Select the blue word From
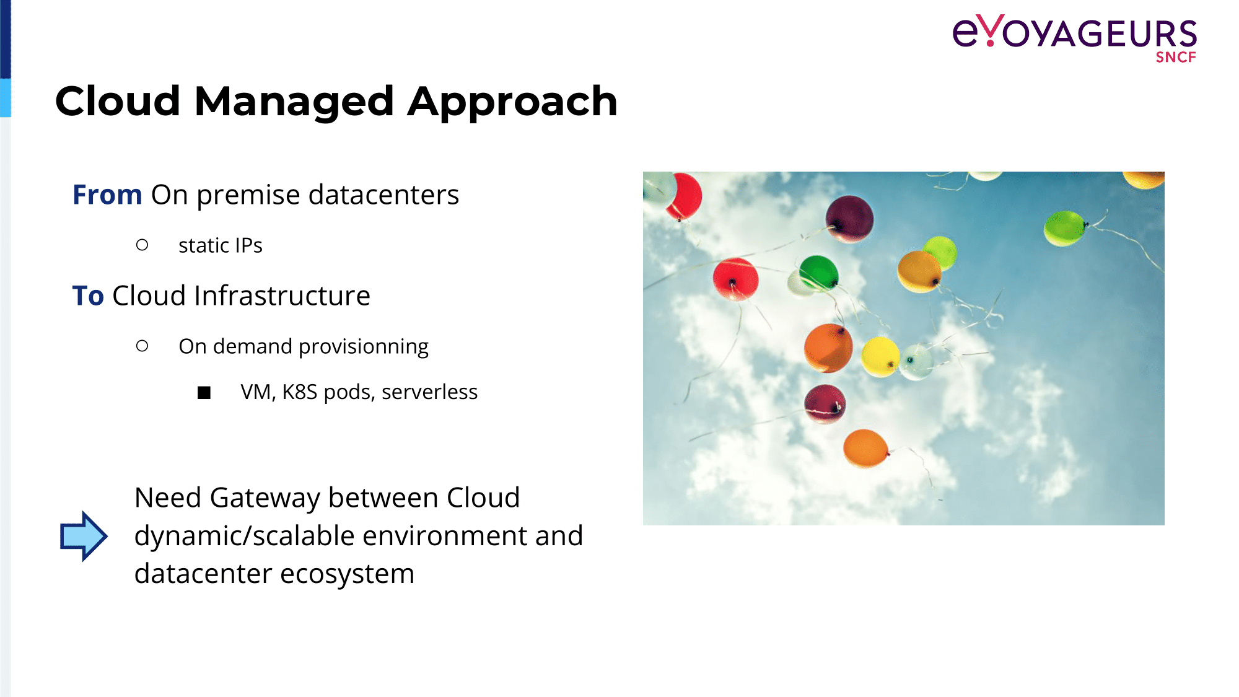(x=108, y=195)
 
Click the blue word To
(x=88, y=296)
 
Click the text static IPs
(x=221, y=246)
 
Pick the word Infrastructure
(x=282, y=296)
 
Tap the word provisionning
(x=364, y=347)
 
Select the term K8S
(x=300, y=392)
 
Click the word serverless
(x=429, y=392)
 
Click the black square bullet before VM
(x=204, y=393)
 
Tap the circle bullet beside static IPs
(x=142, y=245)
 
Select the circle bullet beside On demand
(x=142, y=346)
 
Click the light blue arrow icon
(x=83, y=536)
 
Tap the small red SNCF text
(x=1176, y=57)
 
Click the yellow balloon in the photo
(x=880, y=356)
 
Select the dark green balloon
(x=818, y=272)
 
